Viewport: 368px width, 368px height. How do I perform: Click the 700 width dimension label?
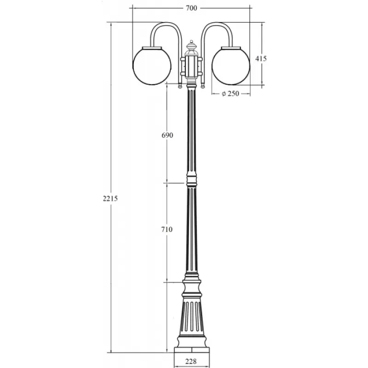[x=191, y=8]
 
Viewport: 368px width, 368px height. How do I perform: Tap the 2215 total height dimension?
[x=110, y=199]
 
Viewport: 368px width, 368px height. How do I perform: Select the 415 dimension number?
[x=261, y=58]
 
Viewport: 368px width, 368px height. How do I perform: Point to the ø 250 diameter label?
[x=230, y=94]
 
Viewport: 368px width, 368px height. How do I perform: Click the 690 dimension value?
[x=167, y=135]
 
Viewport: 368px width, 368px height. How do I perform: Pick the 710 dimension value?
[x=167, y=229]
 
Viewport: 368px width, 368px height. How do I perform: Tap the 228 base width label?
[x=191, y=362]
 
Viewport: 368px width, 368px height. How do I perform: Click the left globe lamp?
[x=152, y=66]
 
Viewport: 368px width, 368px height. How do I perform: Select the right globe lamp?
[x=231, y=66]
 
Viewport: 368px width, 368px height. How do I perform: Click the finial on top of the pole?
[x=191, y=46]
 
